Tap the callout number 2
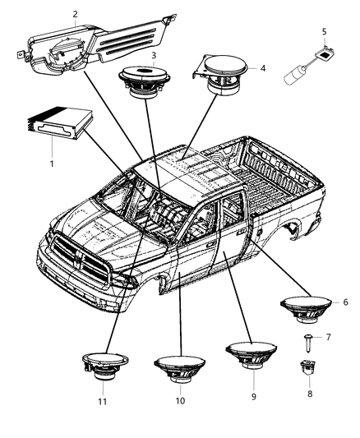tap(76, 14)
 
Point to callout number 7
tap(327, 337)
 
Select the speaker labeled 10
tap(179, 367)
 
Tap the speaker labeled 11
tap(104, 366)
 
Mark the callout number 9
tap(252, 396)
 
